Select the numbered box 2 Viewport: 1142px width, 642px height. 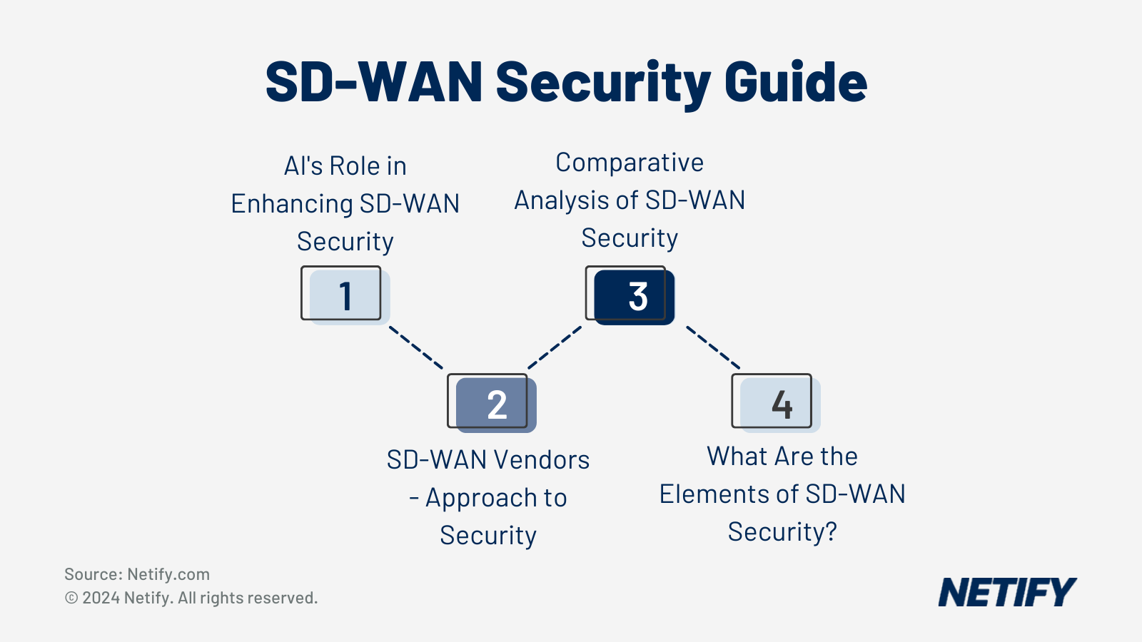pyautogui.click(x=492, y=404)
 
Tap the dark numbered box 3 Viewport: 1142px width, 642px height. pyautogui.click(x=632, y=295)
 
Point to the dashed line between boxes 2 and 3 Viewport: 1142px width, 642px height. pyautogui.click(x=555, y=347)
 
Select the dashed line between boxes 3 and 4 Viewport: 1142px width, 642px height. pyautogui.click(x=712, y=347)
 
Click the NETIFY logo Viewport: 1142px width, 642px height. pyautogui.click(x=1006, y=592)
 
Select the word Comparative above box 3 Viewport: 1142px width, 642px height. pyautogui.click(x=630, y=163)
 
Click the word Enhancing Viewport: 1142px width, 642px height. pyautogui.click(x=291, y=204)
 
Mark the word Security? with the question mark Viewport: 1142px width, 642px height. pyautogui.click(x=782, y=532)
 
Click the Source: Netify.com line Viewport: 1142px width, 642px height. pyautogui.click(x=137, y=574)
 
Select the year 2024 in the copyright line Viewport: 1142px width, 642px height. pyautogui.click(x=101, y=598)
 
